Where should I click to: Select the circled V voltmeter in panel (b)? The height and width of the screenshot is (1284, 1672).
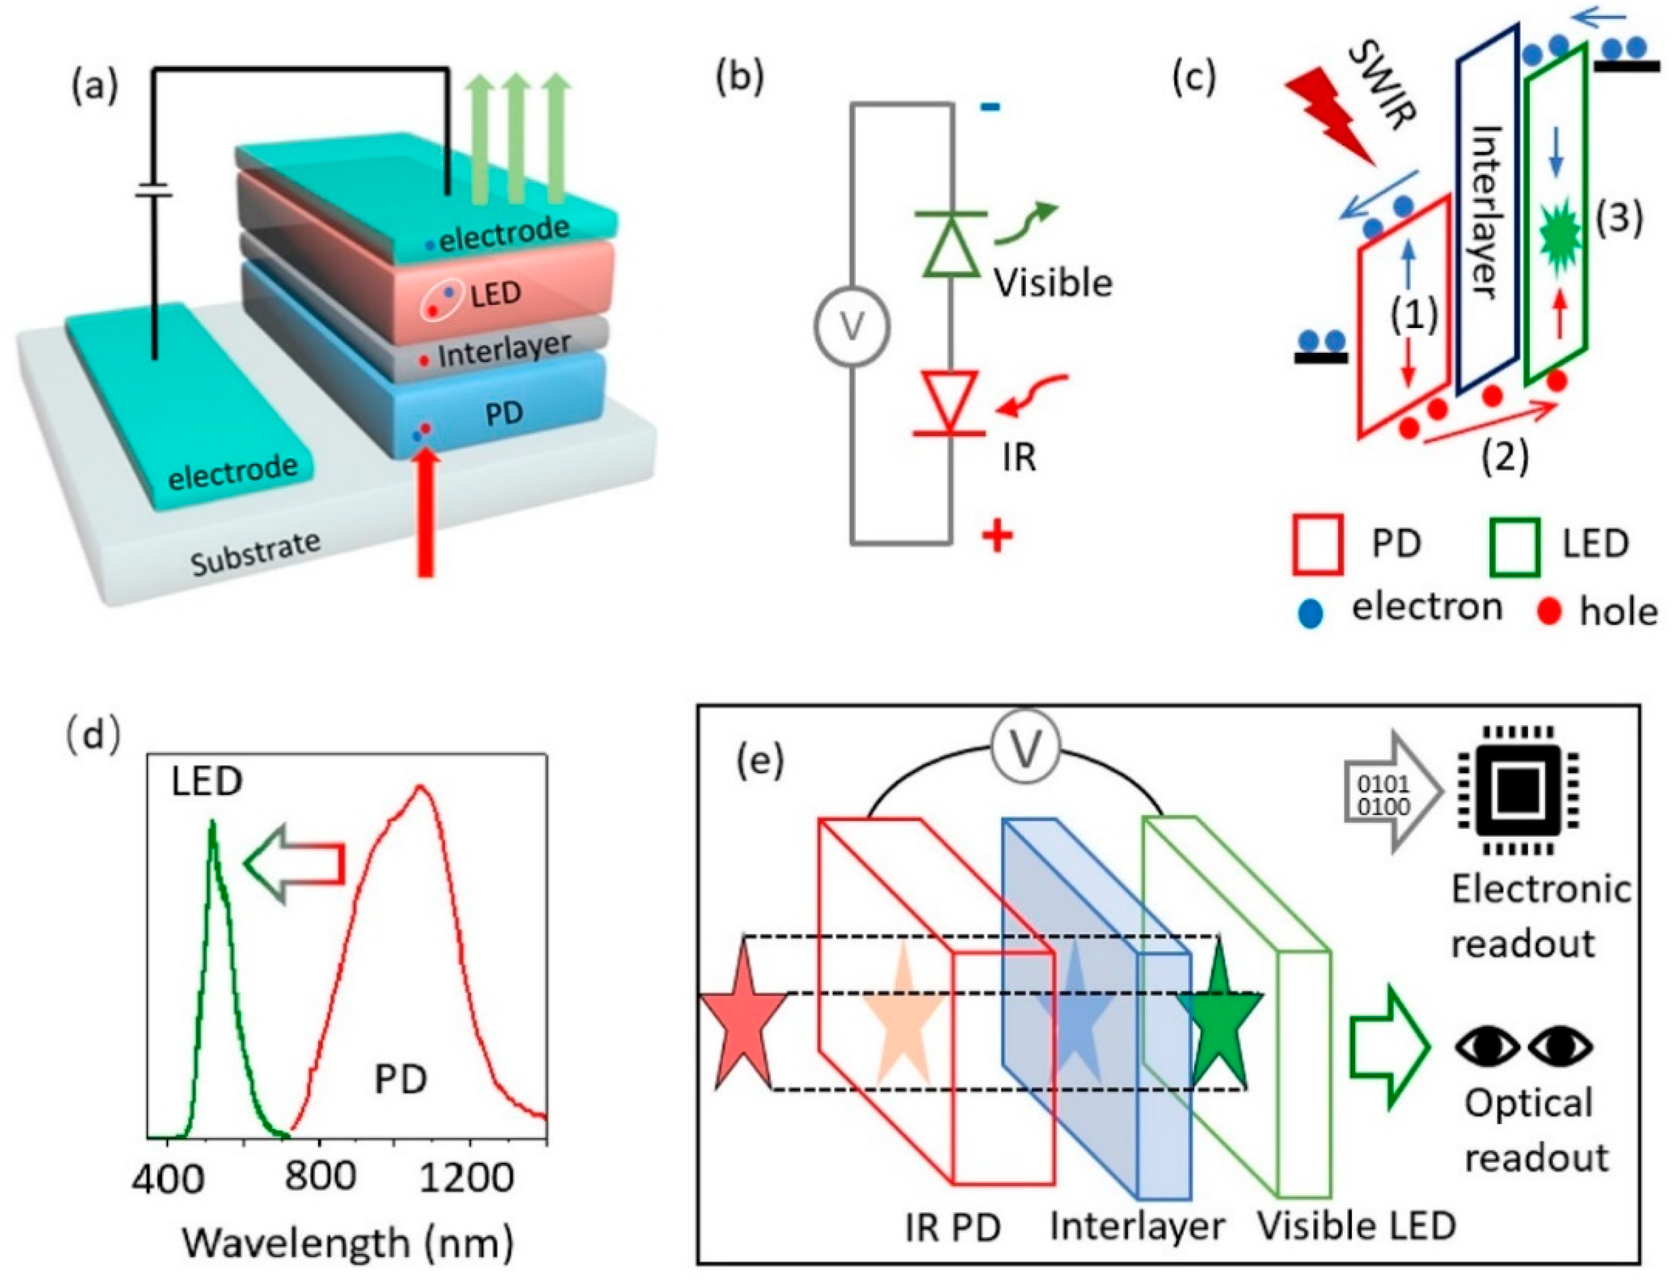851,326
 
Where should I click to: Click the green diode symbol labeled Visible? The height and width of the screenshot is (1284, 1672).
950,243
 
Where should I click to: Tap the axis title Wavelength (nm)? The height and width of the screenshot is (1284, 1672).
348,1242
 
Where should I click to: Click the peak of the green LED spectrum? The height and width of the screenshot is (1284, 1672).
213,822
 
